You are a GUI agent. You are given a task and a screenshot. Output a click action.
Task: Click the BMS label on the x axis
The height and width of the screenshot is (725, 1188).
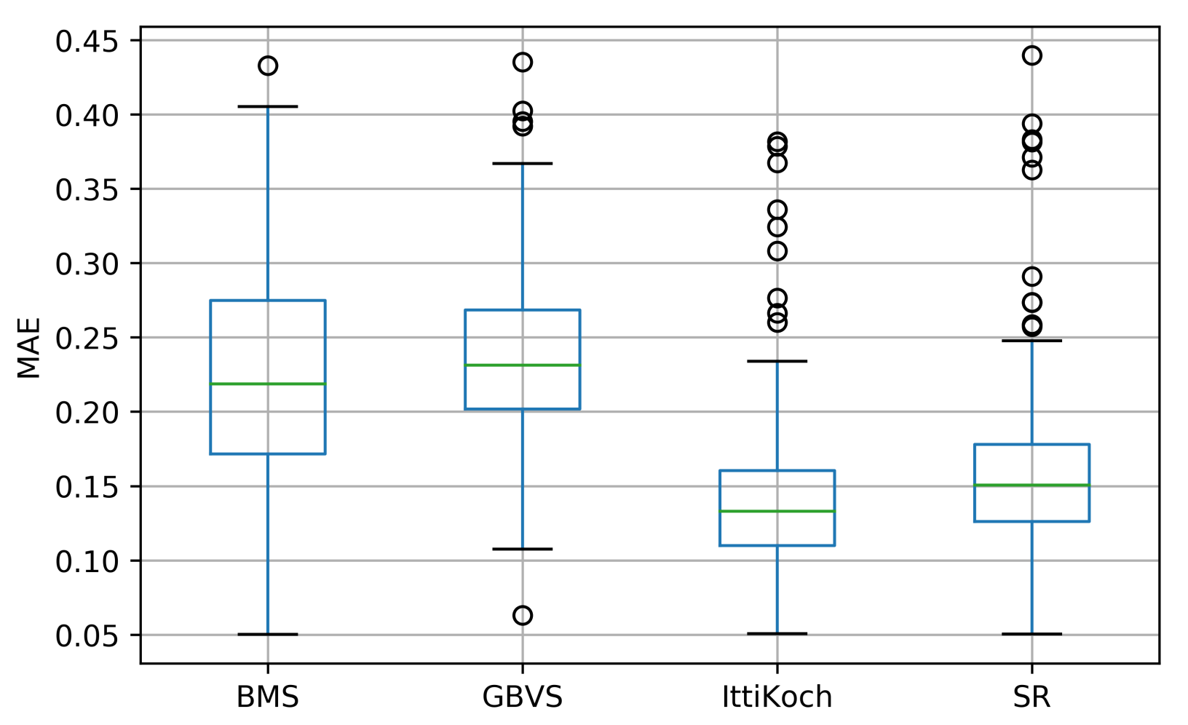(267, 697)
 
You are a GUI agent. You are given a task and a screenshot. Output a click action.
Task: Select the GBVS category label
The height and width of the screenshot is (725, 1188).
(522, 697)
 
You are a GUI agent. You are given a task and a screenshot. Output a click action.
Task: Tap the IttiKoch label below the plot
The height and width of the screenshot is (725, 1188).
(777, 697)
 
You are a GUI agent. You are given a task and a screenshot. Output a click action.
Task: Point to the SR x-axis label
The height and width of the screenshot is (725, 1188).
(1031, 697)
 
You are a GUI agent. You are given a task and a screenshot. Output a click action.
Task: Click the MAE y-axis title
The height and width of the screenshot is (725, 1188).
(29, 348)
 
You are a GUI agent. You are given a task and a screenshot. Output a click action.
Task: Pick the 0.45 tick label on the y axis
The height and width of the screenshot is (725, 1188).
(86, 41)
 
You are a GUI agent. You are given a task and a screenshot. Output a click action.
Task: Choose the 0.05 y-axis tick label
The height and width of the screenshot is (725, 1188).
(86, 636)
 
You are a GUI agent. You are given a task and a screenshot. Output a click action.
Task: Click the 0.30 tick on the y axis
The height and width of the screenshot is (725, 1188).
(86, 264)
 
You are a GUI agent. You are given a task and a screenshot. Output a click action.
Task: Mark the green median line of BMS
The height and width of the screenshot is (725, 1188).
(267, 384)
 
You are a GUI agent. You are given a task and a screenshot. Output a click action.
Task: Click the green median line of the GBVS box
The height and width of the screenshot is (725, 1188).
(522, 365)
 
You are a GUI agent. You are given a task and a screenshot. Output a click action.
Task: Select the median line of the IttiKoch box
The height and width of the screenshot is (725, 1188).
(777, 511)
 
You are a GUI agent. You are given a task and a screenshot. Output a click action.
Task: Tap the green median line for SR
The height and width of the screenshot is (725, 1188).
(1031, 485)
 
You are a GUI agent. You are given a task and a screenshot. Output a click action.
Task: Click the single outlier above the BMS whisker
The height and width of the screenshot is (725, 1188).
(267, 66)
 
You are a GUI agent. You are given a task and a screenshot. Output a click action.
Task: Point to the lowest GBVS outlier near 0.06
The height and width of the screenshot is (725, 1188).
(522, 616)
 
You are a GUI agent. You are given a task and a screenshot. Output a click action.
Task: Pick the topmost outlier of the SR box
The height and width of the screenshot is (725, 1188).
(1031, 55)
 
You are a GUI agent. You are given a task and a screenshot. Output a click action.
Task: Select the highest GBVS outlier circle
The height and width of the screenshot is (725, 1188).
(522, 62)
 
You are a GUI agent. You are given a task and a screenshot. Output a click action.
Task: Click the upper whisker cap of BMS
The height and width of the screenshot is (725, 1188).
(267, 106)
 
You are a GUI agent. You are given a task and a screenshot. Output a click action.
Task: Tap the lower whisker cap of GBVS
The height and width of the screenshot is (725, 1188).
(522, 549)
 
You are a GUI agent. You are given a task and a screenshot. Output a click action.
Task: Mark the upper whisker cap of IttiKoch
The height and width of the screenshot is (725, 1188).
(777, 361)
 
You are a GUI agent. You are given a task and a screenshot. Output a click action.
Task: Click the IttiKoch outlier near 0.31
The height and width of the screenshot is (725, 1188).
(777, 251)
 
